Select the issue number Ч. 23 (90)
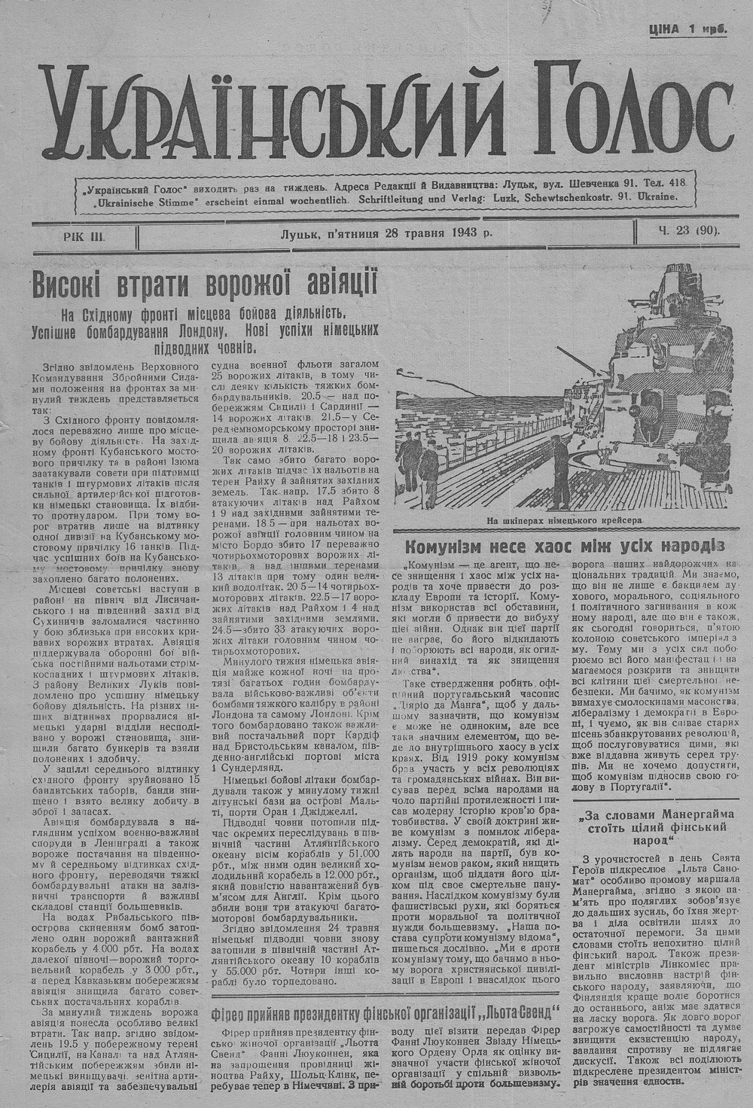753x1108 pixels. (x=686, y=232)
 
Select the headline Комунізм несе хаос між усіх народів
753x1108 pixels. (x=563, y=545)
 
